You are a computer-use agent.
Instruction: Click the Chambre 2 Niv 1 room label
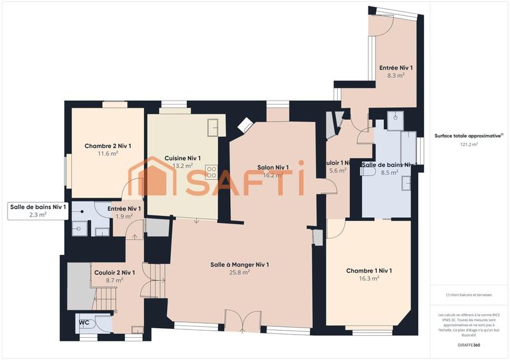pos(108,146)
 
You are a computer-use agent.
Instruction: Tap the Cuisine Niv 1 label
pos(182,158)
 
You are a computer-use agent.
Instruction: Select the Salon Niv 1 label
pos(273,168)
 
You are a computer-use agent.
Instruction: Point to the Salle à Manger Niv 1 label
pos(240,264)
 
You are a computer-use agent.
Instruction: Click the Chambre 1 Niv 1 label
pos(369,271)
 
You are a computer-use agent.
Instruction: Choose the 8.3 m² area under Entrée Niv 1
pos(396,75)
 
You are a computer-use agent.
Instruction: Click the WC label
pos(84,322)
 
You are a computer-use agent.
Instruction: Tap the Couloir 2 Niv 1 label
pos(114,272)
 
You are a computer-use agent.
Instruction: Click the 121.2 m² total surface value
pos(469,144)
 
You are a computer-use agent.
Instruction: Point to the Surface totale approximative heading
pos(469,135)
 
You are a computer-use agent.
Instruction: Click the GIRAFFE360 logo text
pos(469,345)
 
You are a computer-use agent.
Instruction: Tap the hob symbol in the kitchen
pos(211,171)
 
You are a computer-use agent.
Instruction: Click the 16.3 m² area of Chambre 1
pos(369,278)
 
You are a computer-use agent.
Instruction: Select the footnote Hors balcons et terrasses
pos(469,295)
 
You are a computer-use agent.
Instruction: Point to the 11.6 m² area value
pos(108,154)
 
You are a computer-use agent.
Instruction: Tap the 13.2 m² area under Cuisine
pos(182,166)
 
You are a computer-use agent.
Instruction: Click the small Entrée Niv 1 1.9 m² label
pos(124,212)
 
